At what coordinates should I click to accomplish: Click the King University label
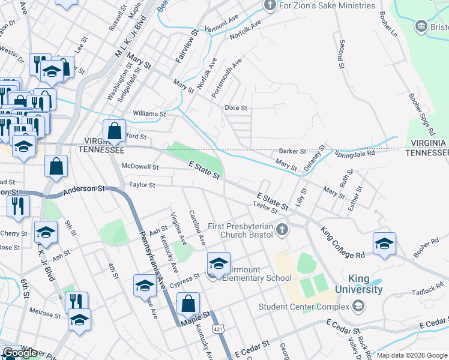click(366, 284)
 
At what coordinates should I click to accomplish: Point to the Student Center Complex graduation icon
click(358, 307)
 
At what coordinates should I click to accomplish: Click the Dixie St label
click(236, 108)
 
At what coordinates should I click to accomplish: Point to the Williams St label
click(149, 113)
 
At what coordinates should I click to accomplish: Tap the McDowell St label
click(140, 167)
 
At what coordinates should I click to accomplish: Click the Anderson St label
click(84, 189)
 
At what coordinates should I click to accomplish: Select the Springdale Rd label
click(354, 153)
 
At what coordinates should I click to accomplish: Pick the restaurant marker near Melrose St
click(77, 302)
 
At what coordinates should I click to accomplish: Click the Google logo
click(20, 353)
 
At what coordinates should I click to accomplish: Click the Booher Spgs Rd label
click(421, 114)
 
